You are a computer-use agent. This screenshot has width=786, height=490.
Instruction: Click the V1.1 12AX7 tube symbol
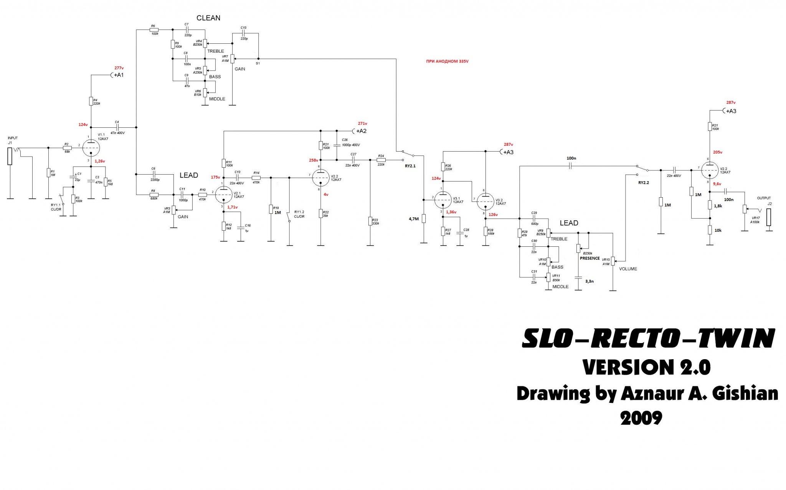click(91, 146)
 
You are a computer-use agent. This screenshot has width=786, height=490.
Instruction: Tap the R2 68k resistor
click(67, 148)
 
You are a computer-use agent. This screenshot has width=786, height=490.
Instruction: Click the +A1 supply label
click(118, 75)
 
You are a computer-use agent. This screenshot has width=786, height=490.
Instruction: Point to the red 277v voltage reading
click(119, 68)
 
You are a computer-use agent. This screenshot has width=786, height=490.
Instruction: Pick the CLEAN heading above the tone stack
click(208, 18)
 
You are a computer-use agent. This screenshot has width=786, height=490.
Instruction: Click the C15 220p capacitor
click(243, 33)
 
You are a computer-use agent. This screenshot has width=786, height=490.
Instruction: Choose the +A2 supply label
click(361, 131)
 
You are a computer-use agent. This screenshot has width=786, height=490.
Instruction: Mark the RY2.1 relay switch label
click(410, 166)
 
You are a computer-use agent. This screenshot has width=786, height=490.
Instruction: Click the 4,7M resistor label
click(414, 219)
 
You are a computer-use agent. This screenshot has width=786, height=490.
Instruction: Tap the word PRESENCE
click(589, 258)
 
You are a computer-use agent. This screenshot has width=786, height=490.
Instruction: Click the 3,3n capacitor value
click(589, 281)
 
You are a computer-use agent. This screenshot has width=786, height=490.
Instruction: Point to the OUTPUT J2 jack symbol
click(768, 218)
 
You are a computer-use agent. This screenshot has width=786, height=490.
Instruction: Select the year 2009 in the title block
click(641, 418)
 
